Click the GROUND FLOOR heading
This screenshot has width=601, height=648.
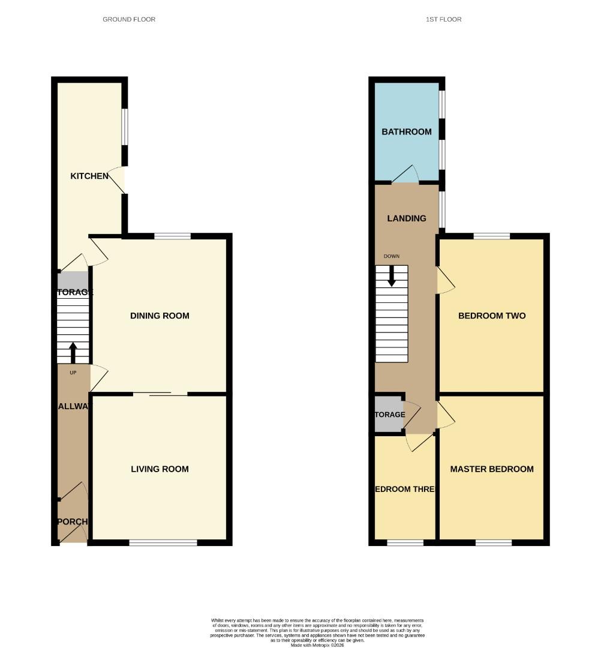point(129,20)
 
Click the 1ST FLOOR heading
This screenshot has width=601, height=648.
point(443,20)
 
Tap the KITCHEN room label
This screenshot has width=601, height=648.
point(89,176)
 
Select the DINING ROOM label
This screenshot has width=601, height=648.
point(160,316)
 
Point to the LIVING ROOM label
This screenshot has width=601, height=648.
point(160,469)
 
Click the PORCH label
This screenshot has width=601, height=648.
point(73,521)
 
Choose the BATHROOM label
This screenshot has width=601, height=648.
point(407,132)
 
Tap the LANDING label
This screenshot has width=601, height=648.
point(407,218)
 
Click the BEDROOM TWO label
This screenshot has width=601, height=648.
point(492,316)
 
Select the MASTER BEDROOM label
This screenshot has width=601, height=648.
point(492,469)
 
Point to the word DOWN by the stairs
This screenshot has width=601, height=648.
point(392,256)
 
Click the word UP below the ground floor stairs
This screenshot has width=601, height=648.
point(73,373)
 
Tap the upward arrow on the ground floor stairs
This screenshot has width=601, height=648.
point(73,353)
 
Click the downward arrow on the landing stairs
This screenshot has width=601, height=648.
point(392,275)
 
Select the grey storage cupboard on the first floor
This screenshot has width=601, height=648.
point(388,415)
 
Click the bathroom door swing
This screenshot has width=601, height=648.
point(407,175)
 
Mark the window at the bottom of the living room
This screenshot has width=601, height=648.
point(163,543)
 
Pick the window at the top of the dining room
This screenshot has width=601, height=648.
point(172,236)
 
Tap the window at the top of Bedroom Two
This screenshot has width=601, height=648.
point(492,236)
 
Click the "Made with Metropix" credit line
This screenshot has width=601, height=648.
point(317,645)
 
